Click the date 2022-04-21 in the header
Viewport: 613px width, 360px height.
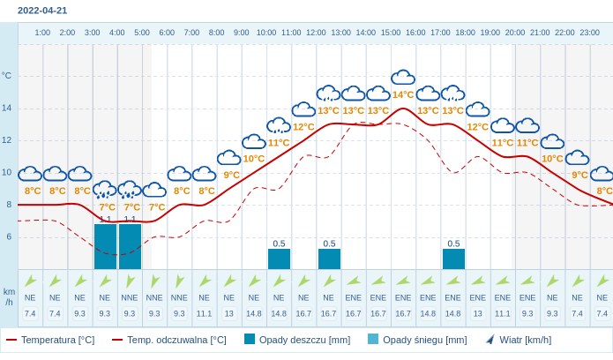click(x=42, y=11)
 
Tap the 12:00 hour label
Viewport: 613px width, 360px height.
click(x=316, y=33)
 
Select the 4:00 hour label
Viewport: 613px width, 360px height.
click(x=116, y=33)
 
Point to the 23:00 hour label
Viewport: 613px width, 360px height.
click(x=589, y=33)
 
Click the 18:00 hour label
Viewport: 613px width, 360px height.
click(x=465, y=33)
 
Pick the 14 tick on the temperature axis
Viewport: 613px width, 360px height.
click(x=7, y=108)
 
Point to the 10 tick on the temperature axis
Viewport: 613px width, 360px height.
click(x=7, y=172)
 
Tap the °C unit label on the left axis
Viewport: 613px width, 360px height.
click(x=7, y=76)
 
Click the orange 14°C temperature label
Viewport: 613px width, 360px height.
click(x=403, y=94)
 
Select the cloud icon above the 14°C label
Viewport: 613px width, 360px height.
click(x=403, y=78)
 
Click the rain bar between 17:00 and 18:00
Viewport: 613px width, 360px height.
click(x=453, y=259)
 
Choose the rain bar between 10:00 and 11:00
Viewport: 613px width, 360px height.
click(x=279, y=259)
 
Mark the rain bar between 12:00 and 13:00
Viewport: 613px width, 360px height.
click(x=329, y=259)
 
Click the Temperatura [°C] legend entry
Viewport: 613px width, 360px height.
click(x=50, y=340)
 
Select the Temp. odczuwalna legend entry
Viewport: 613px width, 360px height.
click(x=168, y=340)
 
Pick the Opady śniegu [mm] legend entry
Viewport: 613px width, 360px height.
click(x=417, y=340)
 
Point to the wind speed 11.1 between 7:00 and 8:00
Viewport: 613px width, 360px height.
click(x=205, y=313)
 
